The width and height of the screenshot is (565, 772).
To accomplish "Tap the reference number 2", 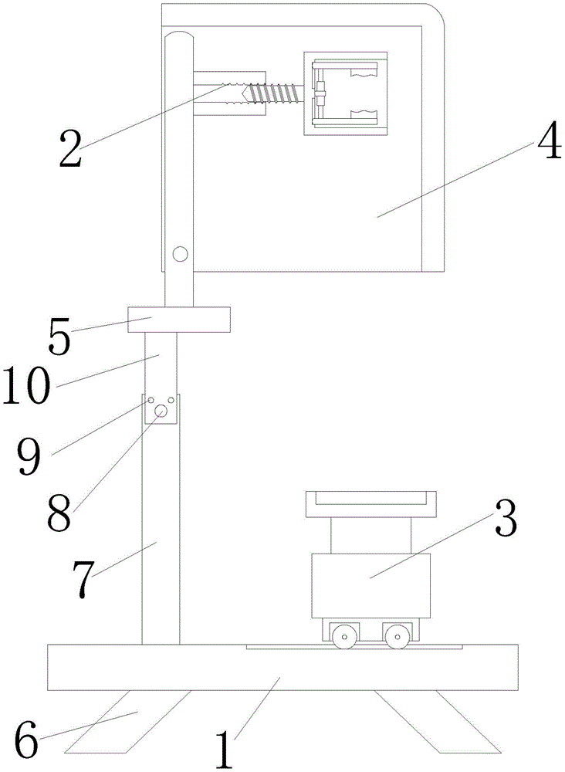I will [x=70, y=147].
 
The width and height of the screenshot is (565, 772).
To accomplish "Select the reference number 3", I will [x=506, y=520].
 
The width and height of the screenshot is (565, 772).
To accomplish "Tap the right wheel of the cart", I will [x=397, y=638].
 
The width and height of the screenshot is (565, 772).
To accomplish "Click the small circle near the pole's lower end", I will [x=180, y=253].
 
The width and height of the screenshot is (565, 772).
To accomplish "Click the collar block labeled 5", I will [x=179, y=320].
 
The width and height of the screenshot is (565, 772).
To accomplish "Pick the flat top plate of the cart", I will [x=369, y=503].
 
